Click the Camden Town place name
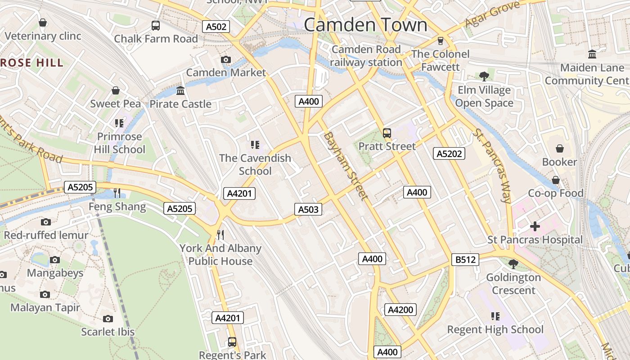tap(365, 25)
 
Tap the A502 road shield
tap(216, 27)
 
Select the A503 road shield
tap(308, 209)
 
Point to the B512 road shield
tap(465, 260)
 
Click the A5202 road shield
tap(450, 153)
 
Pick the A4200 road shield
tap(400, 310)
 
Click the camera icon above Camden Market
tap(226, 59)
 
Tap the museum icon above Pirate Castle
tap(180, 91)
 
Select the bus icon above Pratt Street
tap(387, 133)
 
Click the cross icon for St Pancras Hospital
tap(535, 226)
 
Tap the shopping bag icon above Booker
tap(559, 148)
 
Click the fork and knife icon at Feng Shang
tap(117, 193)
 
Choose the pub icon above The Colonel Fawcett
tap(440, 41)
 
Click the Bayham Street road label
tap(346, 166)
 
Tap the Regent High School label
tap(495, 329)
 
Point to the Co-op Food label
tap(555, 193)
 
